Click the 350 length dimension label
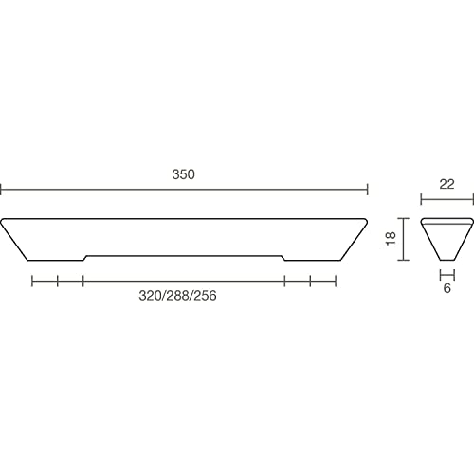[x=183, y=174]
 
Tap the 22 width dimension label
[x=447, y=184]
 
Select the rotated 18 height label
[x=391, y=238]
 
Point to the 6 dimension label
[x=447, y=288]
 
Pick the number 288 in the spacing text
[x=177, y=296]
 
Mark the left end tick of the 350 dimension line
[x=1, y=190]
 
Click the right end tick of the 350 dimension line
[x=367, y=190]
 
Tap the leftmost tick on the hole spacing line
[x=32, y=281]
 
